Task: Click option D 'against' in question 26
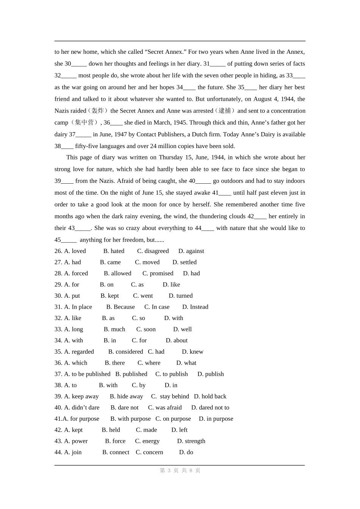[x=191, y=251]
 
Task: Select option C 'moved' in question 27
[x=147, y=262]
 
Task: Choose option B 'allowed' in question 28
[x=117, y=273]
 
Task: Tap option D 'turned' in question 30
[x=180, y=296]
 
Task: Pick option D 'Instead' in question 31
[x=195, y=307]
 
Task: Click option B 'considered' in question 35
[x=125, y=351]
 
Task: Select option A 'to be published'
[x=87, y=374]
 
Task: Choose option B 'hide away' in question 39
[x=126, y=396]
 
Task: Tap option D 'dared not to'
[x=210, y=408]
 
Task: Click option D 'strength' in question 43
[x=191, y=441]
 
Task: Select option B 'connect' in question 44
[x=116, y=452]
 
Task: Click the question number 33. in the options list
[x=58, y=329]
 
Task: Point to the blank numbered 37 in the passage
[x=83, y=135]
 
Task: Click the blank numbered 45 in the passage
[x=69, y=240]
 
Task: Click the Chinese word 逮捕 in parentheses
[x=225, y=111]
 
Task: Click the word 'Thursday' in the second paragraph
[x=173, y=157]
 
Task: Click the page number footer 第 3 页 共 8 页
[x=180, y=470]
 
